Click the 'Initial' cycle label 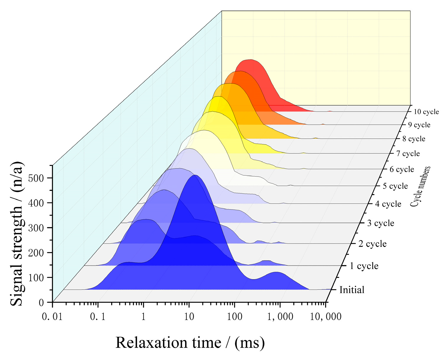pos(352,290)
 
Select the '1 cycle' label pos(364,266)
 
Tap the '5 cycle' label pos(395,186)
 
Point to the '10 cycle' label pos(426,112)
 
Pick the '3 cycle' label pos(380,223)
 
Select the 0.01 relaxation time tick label pos(52,317)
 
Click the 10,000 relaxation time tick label pos(325,317)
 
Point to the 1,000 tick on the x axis pos(280,317)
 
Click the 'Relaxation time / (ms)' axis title pos(190,343)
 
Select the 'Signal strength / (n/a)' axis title pos(17,234)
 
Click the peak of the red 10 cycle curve pos(250,60)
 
